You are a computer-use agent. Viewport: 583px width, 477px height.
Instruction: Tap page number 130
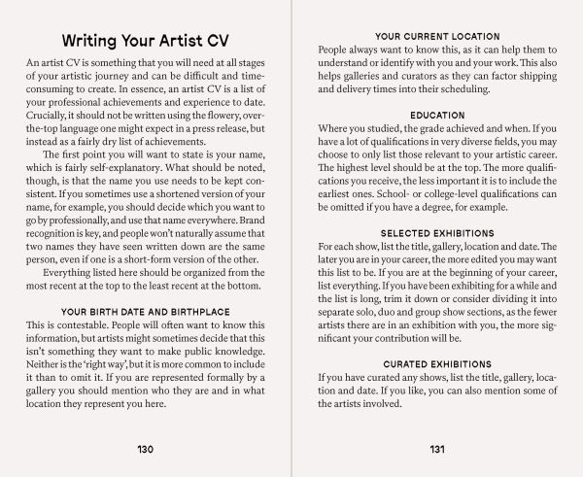point(147,449)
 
